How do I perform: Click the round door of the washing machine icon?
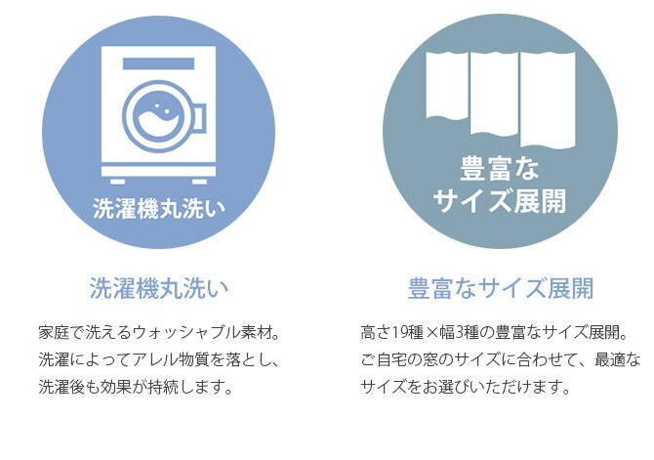pos(156,114)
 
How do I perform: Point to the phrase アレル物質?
pos(165,359)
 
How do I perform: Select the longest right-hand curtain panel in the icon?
pos(548,97)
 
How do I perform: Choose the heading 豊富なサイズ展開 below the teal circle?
pos(501,288)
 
